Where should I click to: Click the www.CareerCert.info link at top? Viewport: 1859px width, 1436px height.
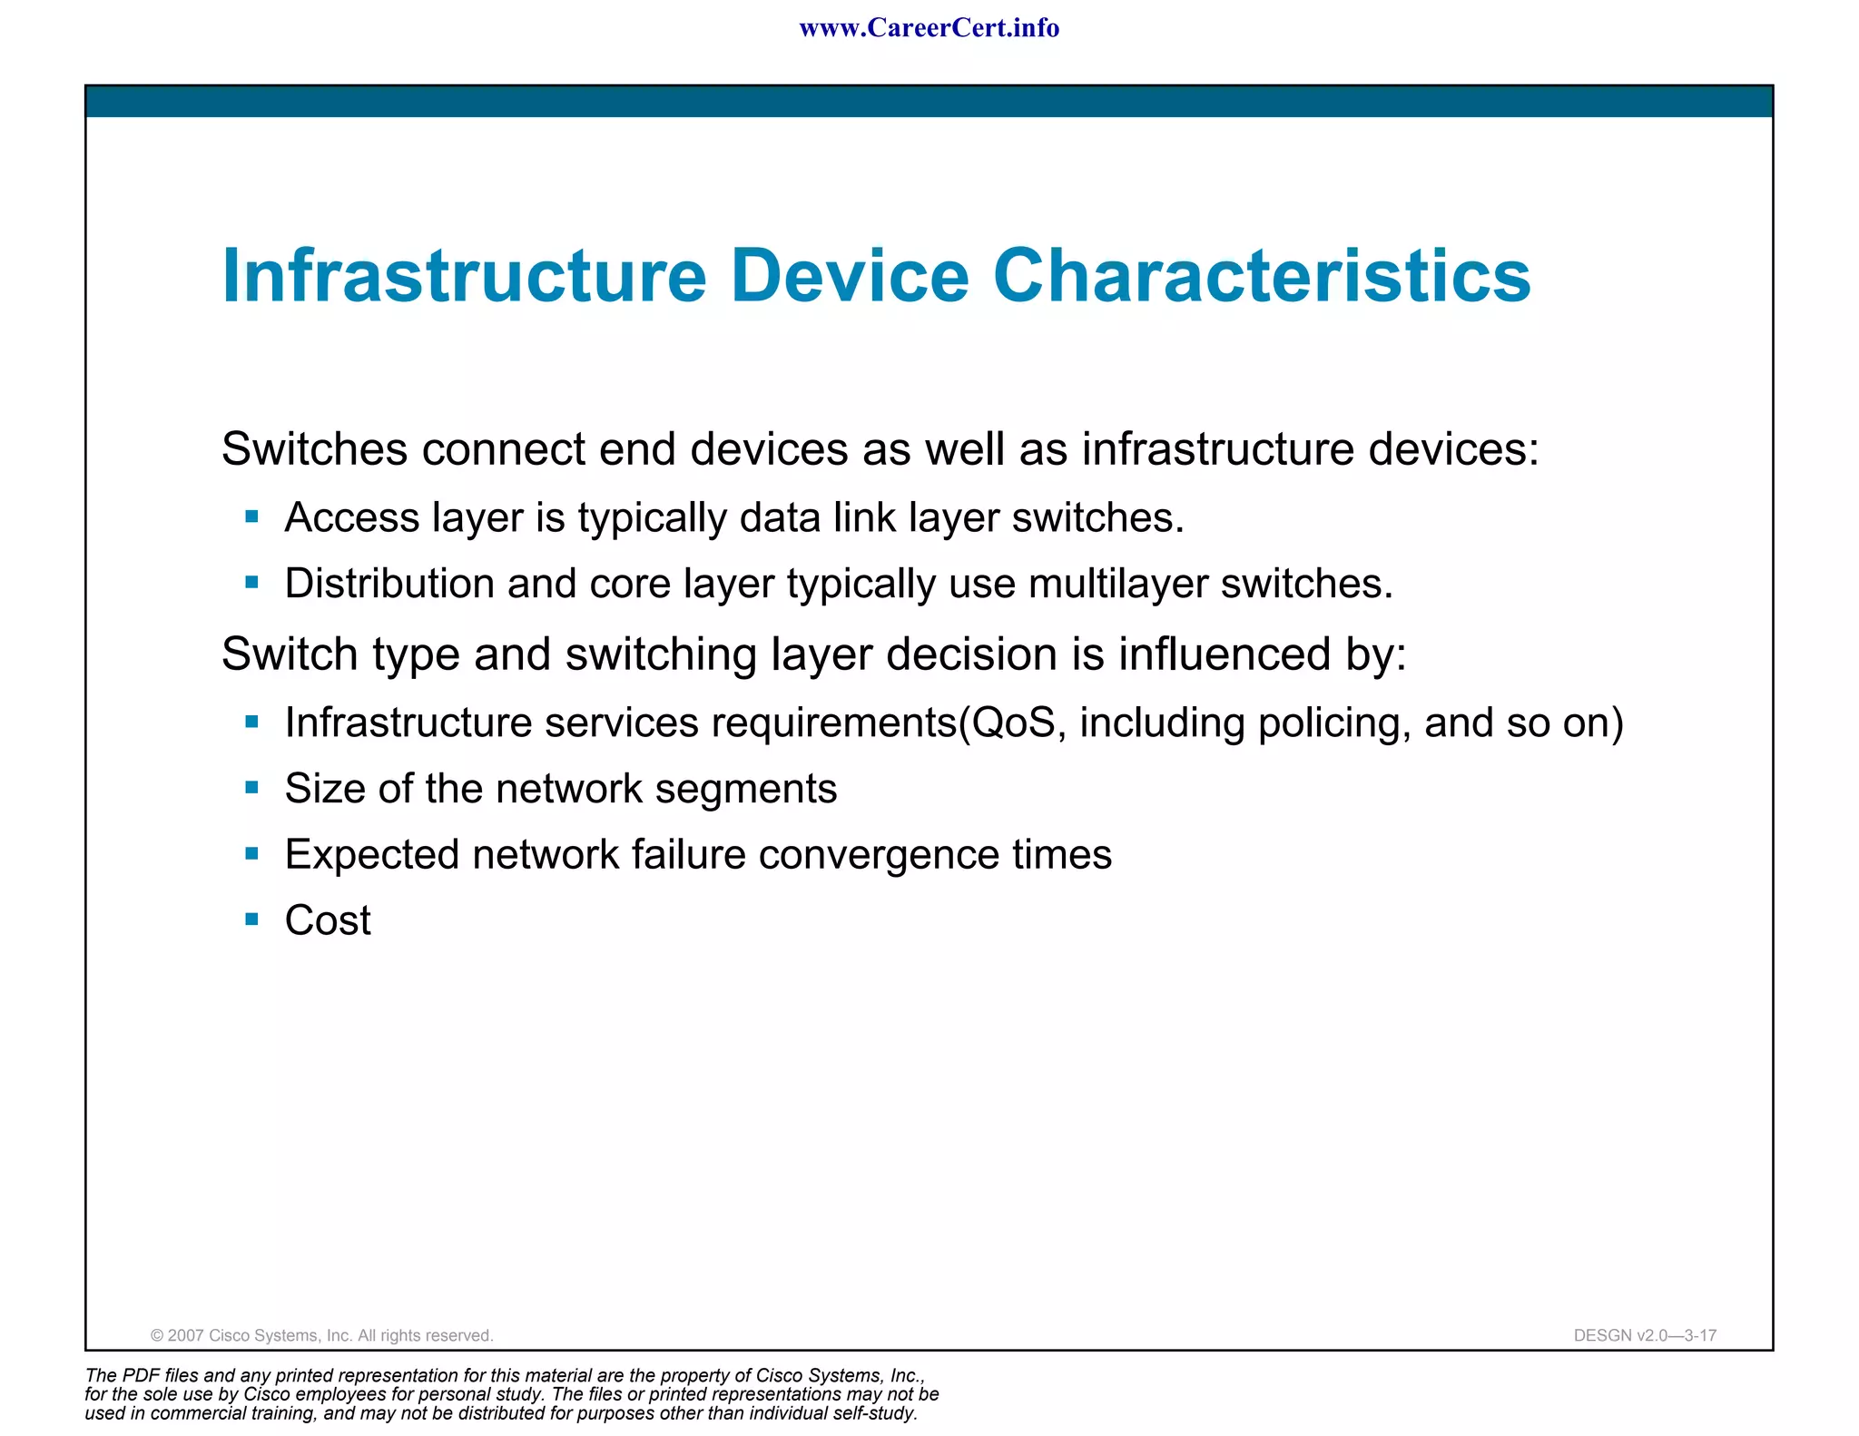coord(929,28)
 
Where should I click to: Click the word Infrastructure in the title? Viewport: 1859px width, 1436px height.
coord(464,276)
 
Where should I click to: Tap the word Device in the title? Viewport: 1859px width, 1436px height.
coord(850,276)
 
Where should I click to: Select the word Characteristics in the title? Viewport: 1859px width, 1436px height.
coord(1262,276)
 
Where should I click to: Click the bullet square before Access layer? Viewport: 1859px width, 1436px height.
coord(252,517)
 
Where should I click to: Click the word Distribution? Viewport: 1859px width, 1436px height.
coord(389,584)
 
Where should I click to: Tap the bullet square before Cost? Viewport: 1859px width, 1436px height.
coord(252,920)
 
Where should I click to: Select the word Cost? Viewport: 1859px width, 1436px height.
coord(328,920)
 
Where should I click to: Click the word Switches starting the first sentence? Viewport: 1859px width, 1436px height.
coord(314,449)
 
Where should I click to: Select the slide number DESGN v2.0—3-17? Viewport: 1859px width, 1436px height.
coord(1645,1335)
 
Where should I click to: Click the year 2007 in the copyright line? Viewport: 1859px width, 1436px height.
coord(186,1335)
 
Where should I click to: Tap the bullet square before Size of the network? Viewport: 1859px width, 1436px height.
coord(252,787)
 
